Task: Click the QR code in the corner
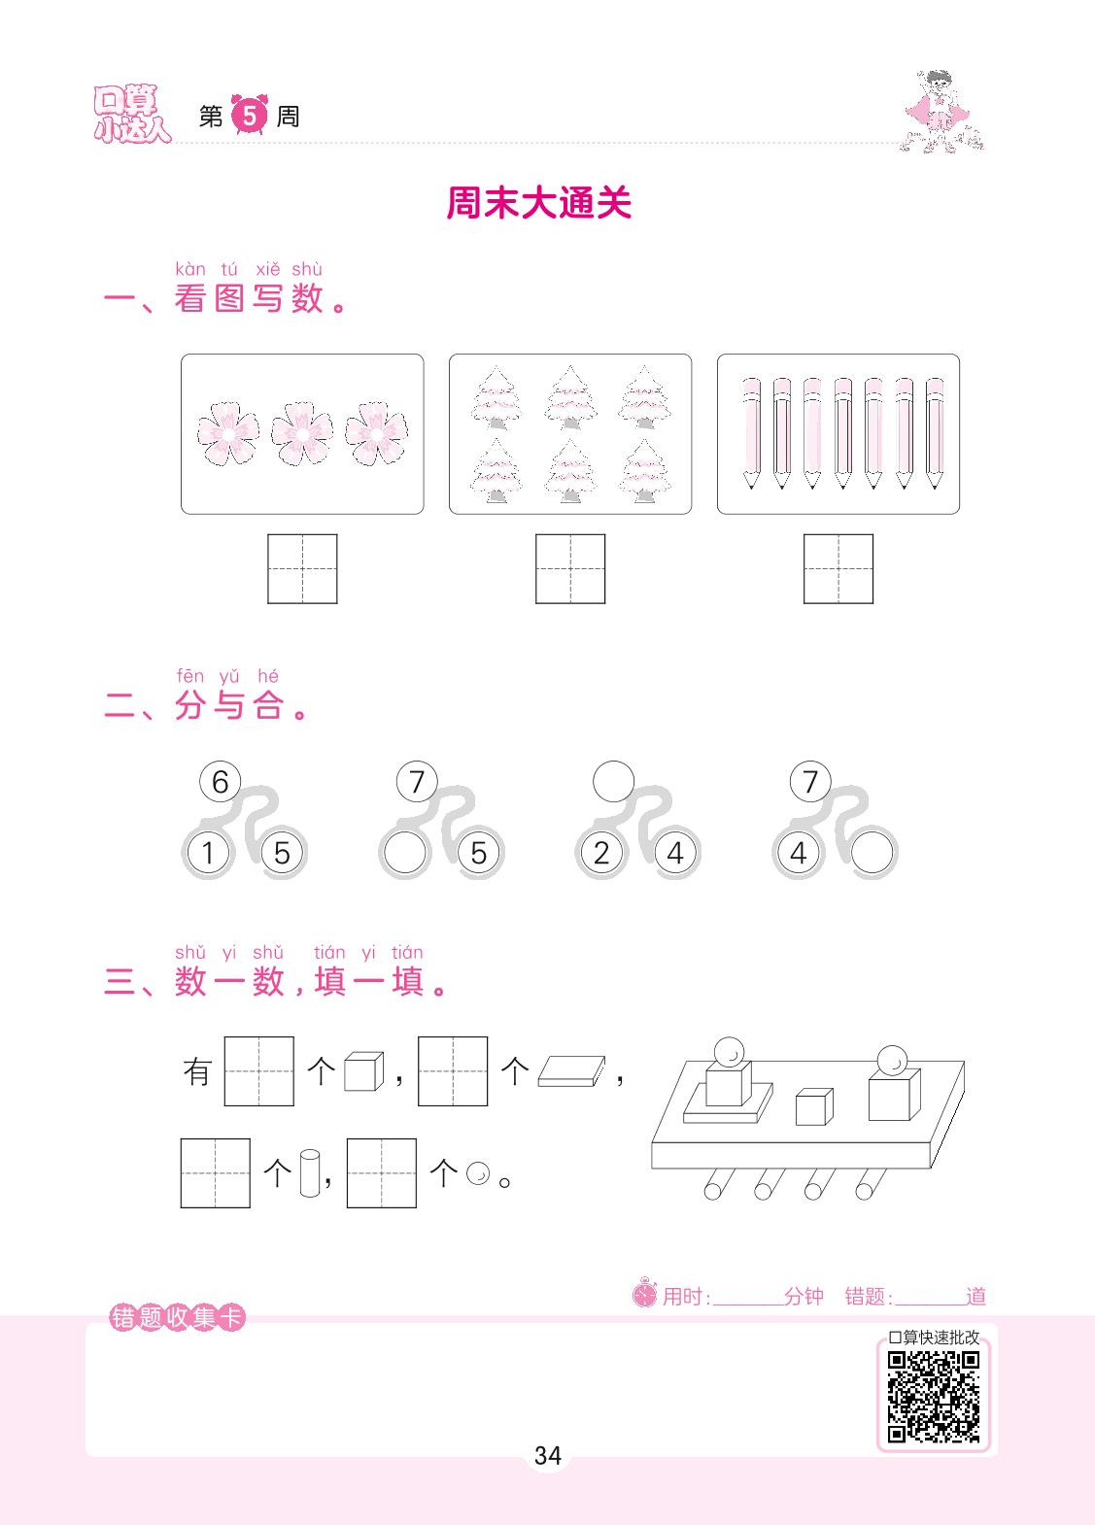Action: point(934,1397)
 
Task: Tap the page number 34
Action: point(548,1456)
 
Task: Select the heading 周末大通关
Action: point(538,203)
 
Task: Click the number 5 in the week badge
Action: point(250,116)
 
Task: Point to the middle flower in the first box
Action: point(301,433)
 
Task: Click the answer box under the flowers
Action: point(302,568)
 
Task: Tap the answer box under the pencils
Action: point(838,568)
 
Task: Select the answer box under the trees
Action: point(570,568)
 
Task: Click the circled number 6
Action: point(220,782)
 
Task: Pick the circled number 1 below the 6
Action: point(208,853)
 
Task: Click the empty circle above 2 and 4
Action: point(613,782)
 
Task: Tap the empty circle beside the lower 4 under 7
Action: point(872,853)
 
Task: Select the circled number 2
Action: point(601,853)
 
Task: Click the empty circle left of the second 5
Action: point(404,853)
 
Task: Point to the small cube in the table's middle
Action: point(814,1106)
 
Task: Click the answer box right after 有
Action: point(259,1071)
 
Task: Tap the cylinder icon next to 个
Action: point(310,1172)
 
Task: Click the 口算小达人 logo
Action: point(131,114)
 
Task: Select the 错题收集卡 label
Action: point(177,1317)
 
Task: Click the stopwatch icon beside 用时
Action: point(644,1293)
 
